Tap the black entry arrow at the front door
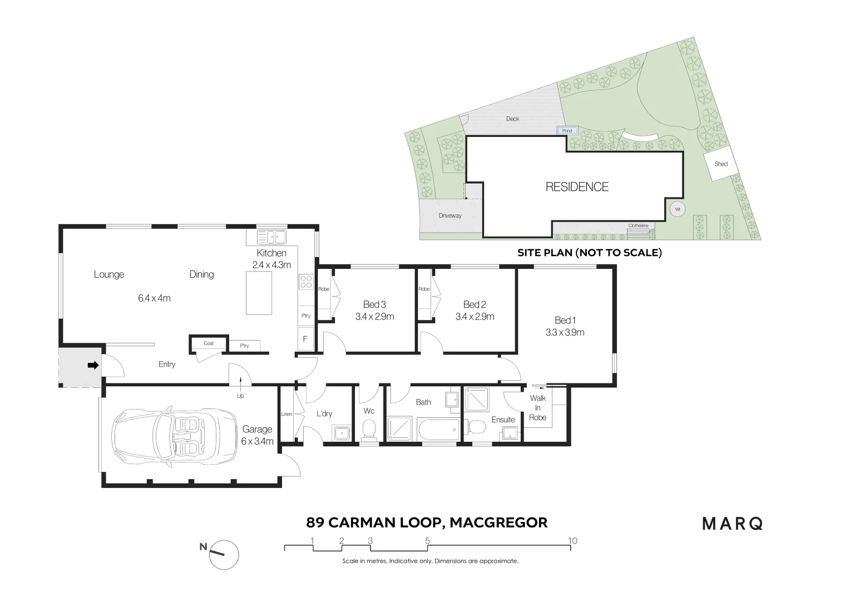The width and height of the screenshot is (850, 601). [93, 366]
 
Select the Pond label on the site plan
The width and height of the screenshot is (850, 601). [567, 131]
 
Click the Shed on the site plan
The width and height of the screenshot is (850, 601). [721, 164]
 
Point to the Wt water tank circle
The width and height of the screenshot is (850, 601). [677, 209]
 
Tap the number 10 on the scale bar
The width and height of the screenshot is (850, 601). [572, 540]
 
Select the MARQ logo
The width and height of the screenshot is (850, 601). [733, 524]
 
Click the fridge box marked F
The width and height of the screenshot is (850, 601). [305, 338]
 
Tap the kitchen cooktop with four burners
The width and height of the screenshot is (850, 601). [305, 282]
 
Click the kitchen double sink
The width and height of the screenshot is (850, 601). [271, 238]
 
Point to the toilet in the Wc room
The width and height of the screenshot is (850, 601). [369, 429]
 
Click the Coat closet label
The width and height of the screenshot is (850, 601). [209, 343]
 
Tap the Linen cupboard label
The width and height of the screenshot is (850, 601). [286, 414]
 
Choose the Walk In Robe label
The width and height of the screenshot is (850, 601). [537, 407]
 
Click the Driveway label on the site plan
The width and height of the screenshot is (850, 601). [450, 215]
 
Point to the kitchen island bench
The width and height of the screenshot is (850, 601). [259, 293]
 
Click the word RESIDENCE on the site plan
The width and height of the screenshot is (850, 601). [577, 187]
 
